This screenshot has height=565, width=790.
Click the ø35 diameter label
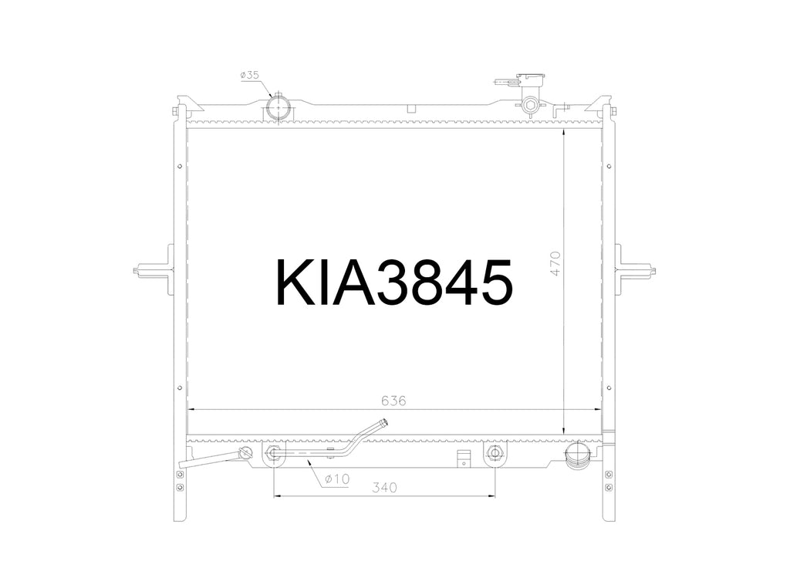(x=249, y=75)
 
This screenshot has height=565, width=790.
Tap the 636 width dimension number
(x=393, y=401)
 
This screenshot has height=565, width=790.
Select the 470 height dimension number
(x=555, y=264)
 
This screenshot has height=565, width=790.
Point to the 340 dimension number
(x=384, y=487)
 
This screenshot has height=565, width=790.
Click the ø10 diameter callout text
(x=337, y=479)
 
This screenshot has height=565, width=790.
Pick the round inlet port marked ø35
(x=278, y=107)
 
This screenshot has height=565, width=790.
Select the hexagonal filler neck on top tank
(x=530, y=105)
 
